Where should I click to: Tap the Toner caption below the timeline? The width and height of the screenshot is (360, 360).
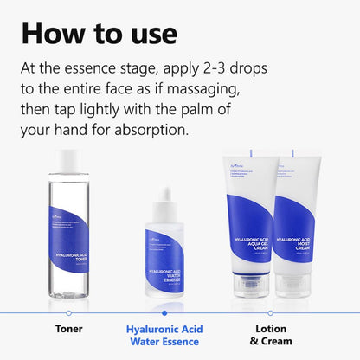(x=69, y=330)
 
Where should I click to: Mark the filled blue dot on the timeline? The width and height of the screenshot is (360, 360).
(x=164, y=312)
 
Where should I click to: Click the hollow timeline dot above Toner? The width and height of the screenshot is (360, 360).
(x=69, y=312)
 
